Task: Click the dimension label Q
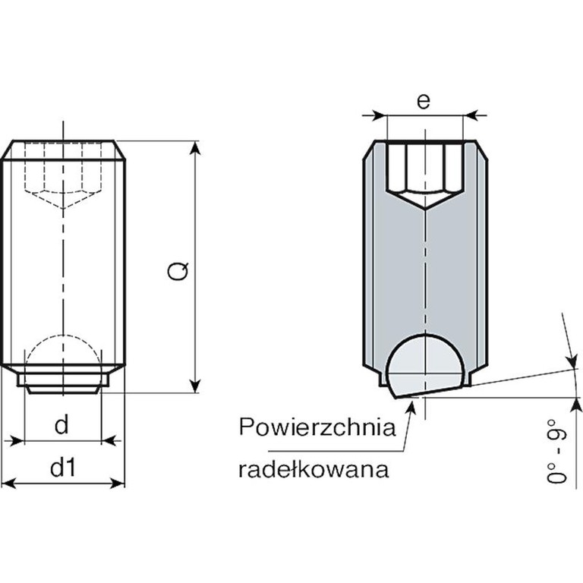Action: coord(178,271)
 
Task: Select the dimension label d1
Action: coord(63,467)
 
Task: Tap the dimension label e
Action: coord(424,101)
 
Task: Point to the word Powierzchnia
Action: coord(317,427)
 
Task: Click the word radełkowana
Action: coord(314,469)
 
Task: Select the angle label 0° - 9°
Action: coord(556,451)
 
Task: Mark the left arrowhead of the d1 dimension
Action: coord(9,484)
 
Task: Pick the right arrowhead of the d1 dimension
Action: coord(117,484)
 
